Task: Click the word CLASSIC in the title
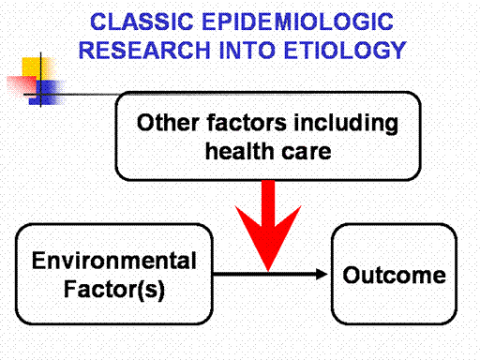pos(142,22)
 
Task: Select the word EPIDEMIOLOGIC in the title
pos(298,22)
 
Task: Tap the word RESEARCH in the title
pos(144,50)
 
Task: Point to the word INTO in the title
pos(247,50)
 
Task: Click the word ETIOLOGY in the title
pos(345,50)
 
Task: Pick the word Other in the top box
pos(169,122)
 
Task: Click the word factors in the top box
pos(247,122)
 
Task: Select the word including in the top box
pos(346,124)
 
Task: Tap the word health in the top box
pos(239,151)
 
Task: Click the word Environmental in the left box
pos(114,261)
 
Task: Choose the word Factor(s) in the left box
pos(114,290)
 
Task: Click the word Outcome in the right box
pos(394,276)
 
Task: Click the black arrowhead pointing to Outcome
pos(322,274)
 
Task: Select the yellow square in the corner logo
pos(35,67)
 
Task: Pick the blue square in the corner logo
pos(47,93)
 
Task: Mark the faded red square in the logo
pos(22,85)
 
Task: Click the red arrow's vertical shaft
pos(268,203)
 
